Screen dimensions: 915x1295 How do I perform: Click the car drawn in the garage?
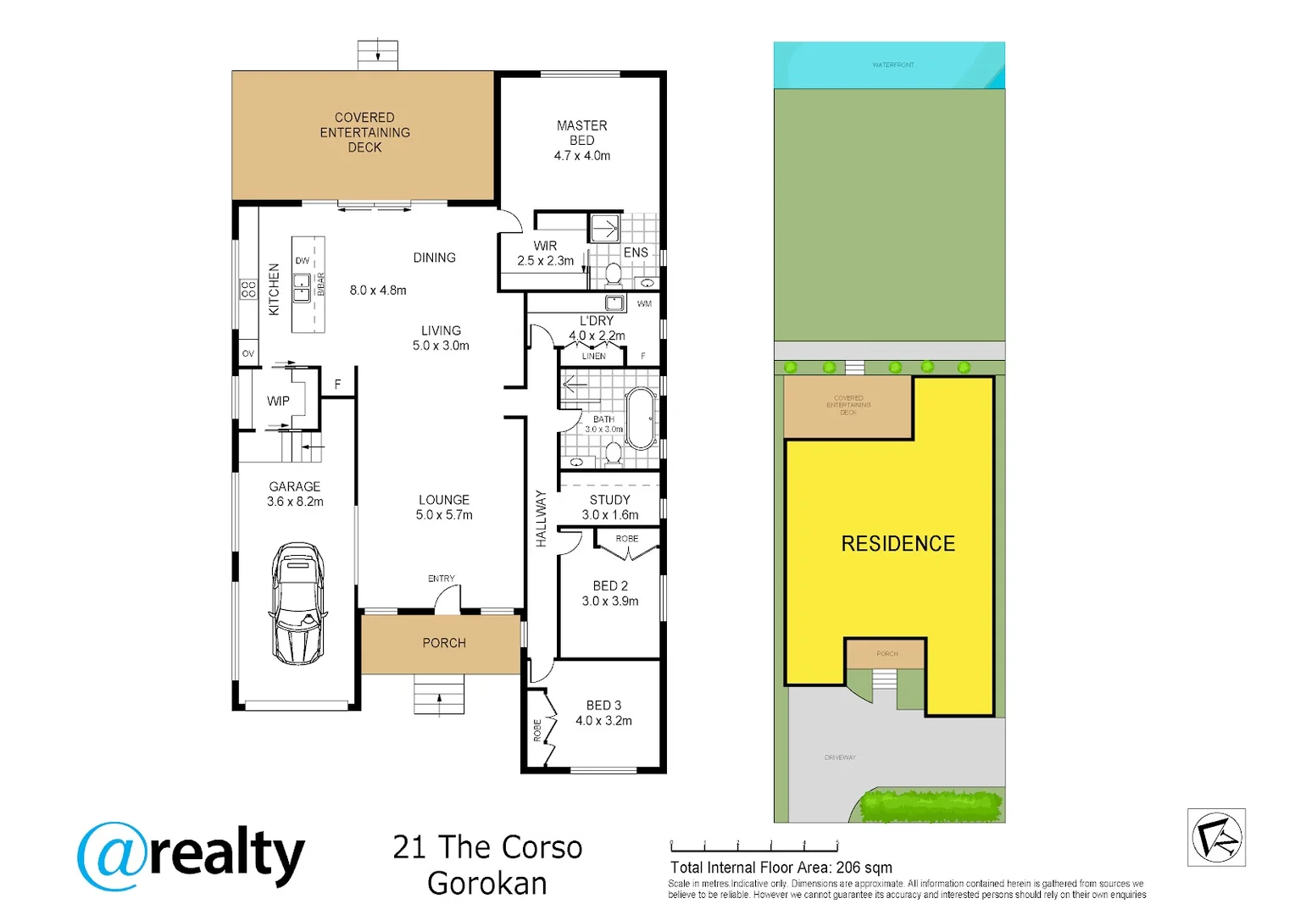coord(297,603)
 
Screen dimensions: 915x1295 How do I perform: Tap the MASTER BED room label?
coord(581,133)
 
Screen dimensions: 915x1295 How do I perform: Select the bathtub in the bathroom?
coord(641,419)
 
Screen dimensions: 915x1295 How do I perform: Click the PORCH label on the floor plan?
coord(444,643)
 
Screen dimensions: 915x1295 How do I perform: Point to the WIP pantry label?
coord(278,401)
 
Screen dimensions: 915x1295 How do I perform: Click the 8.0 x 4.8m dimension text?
coord(378,290)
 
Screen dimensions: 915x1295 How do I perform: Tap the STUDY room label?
coord(609,500)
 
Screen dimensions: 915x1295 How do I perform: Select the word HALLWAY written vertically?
coord(541,518)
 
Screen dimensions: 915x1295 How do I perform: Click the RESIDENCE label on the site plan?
coord(898,544)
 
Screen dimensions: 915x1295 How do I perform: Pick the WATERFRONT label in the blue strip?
coord(892,64)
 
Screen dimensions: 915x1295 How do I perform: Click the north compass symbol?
coord(1216,837)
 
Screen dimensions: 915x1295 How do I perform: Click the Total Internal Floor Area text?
coord(781,868)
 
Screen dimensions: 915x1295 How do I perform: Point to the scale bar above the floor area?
coord(754,846)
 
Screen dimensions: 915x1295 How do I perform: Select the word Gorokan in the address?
coord(487,883)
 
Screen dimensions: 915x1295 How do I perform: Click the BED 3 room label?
coord(603,705)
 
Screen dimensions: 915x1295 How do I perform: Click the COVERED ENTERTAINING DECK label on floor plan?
coord(364,132)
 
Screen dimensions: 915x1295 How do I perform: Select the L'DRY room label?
coord(597,321)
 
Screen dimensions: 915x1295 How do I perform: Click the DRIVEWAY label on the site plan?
coord(840,757)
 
